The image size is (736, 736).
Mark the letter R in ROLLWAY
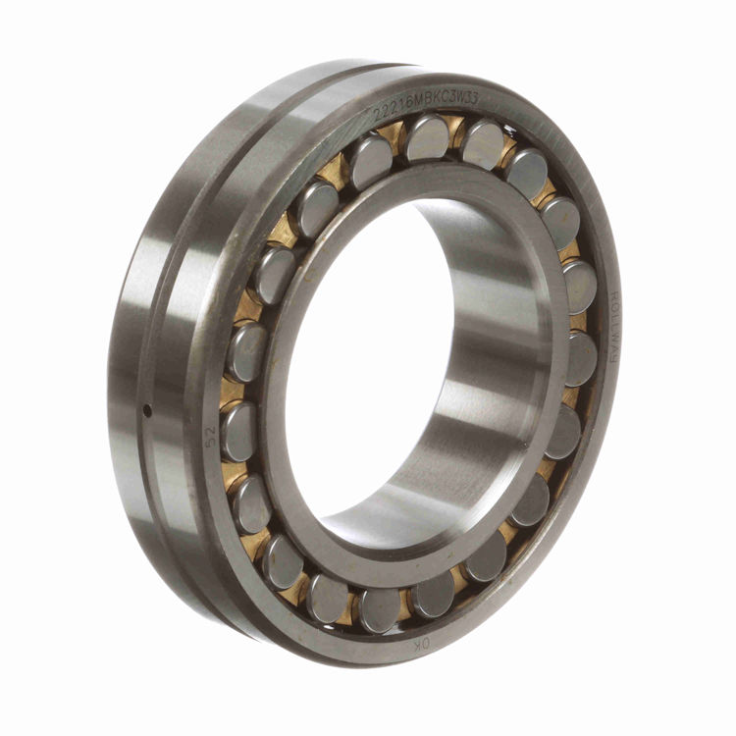[613, 294]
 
